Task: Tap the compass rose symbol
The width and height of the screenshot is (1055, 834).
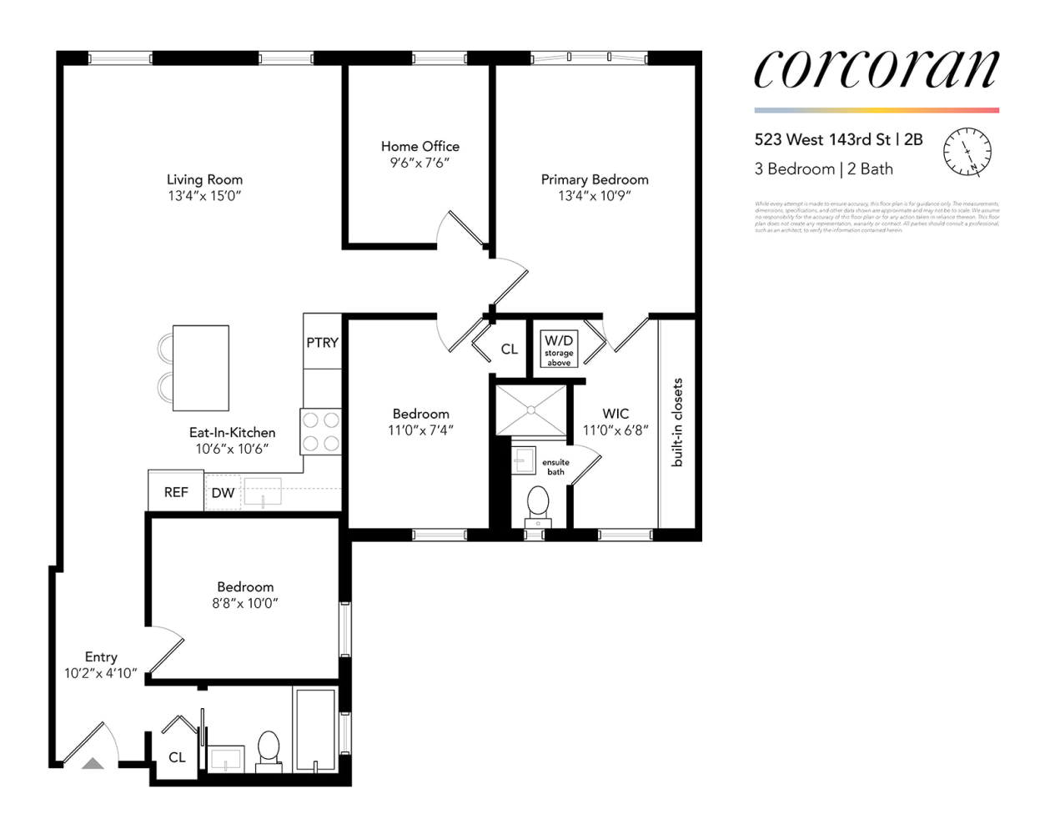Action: point(967,153)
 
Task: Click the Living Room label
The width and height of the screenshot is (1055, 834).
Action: point(204,179)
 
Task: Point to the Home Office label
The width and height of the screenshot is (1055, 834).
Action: point(419,146)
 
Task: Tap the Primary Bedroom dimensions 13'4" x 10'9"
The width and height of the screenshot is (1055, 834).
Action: point(594,196)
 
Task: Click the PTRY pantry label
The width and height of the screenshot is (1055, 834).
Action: point(322,342)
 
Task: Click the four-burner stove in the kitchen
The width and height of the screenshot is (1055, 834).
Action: point(321,431)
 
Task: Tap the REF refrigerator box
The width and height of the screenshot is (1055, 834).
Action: point(176,492)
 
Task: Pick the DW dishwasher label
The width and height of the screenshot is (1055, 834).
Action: point(223,493)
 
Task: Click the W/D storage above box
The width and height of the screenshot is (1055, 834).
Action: point(559,349)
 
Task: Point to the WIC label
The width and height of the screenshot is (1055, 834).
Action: point(615,414)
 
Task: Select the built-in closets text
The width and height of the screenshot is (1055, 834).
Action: point(677,422)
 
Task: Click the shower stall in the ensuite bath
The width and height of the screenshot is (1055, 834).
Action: point(531,409)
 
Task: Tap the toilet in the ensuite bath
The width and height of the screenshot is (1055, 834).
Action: point(538,503)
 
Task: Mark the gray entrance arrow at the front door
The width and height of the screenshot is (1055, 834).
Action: point(93,763)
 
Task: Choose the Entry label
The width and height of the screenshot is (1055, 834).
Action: point(101,657)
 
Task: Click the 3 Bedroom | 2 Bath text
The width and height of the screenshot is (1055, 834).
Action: point(823,168)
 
